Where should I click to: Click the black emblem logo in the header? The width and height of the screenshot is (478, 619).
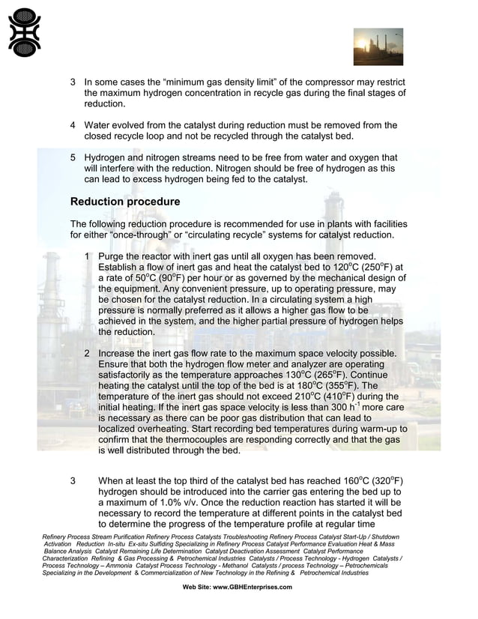click(x=24, y=32)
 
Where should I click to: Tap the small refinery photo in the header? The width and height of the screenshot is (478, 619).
click(x=378, y=47)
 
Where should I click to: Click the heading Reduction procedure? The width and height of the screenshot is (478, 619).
click(x=124, y=202)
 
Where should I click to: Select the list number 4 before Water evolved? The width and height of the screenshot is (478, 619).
click(x=73, y=125)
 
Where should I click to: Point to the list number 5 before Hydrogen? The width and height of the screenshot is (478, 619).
click(x=73, y=157)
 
